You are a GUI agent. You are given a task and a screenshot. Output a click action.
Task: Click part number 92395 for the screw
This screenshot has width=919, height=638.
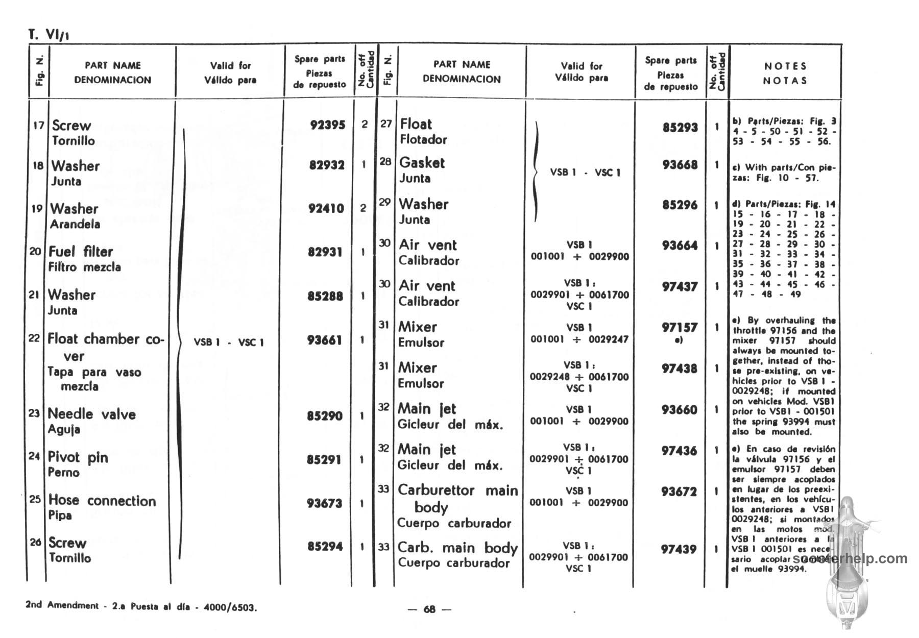[x=327, y=125]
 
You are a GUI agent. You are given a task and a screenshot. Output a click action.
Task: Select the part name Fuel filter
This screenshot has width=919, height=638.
[x=81, y=252]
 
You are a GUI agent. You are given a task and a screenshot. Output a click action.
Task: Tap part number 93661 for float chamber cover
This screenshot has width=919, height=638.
[x=324, y=340]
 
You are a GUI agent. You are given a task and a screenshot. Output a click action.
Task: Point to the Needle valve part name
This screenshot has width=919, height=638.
[x=92, y=414]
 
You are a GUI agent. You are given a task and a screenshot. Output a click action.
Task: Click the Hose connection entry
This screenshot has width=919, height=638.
[x=102, y=501]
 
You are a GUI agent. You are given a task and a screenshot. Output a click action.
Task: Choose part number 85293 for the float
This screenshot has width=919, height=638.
[x=680, y=128]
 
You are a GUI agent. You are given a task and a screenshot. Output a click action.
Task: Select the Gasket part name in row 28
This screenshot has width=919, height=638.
[x=422, y=163]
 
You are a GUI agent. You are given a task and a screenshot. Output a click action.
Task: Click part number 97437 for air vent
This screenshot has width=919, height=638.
[x=679, y=287]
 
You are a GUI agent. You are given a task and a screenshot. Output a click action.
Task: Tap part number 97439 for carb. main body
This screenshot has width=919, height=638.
[x=679, y=550]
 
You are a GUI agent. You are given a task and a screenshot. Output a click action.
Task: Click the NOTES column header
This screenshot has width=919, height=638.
[x=785, y=66]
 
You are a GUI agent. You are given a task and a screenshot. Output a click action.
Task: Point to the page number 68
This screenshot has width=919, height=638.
[x=430, y=609]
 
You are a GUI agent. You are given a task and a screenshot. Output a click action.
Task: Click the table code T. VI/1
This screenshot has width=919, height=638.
[x=49, y=35]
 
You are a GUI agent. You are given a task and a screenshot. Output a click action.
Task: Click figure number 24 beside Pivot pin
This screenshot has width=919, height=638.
[x=34, y=456]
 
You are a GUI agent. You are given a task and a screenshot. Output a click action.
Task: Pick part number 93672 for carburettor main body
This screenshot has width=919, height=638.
[x=679, y=492]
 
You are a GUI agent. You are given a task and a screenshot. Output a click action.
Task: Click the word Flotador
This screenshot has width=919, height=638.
[x=423, y=139]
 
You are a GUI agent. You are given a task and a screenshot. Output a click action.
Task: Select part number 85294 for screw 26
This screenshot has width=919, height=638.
[x=324, y=547]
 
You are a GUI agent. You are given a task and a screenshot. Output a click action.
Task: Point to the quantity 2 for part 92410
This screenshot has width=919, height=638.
[x=363, y=208]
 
